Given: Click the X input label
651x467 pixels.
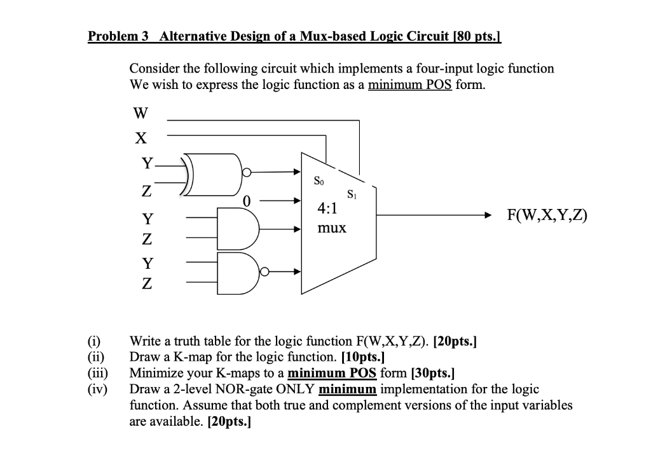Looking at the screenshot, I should coord(141,137).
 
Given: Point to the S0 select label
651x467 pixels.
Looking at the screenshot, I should coord(320,181).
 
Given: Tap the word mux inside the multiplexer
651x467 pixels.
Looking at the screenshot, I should coord(332,227).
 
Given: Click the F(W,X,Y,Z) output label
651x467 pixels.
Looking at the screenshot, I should coord(546,216).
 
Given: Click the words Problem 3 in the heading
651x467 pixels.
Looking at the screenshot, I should coord(118,36).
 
